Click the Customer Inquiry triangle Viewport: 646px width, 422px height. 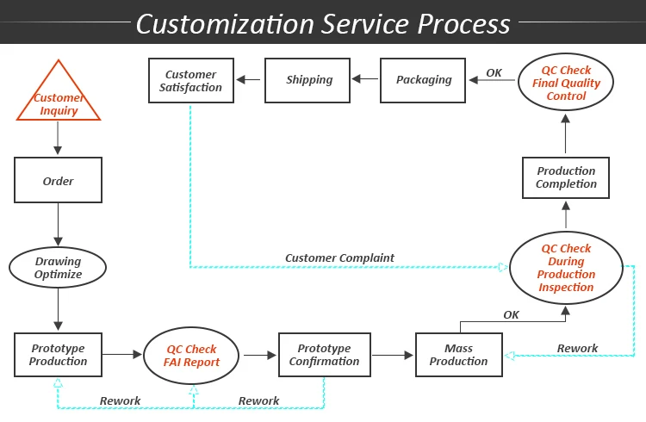point(59,98)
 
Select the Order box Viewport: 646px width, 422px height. point(58,181)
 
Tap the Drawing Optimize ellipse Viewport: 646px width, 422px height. point(58,268)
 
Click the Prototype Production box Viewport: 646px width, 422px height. point(58,355)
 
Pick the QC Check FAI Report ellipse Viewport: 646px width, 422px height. point(191,356)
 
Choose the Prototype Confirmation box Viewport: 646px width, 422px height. point(324,355)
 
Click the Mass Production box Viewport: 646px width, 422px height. point(458,355)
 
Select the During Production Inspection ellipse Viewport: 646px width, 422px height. point(566,268)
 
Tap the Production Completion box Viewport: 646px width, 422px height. point(566,177)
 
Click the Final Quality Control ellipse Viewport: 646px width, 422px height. point(566,84)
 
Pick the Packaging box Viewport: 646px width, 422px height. point(424,80)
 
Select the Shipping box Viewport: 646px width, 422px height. point(308,80)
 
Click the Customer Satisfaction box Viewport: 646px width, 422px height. point(191,80)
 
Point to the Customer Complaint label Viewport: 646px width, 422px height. point(339,258)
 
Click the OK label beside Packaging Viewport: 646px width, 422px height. point(494,73)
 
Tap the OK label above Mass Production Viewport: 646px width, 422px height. point(511,315)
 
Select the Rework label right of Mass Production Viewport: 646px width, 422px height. point(577,349)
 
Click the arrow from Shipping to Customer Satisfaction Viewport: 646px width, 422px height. point(250,80)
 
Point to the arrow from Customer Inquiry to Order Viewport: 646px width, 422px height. point(58,138)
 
